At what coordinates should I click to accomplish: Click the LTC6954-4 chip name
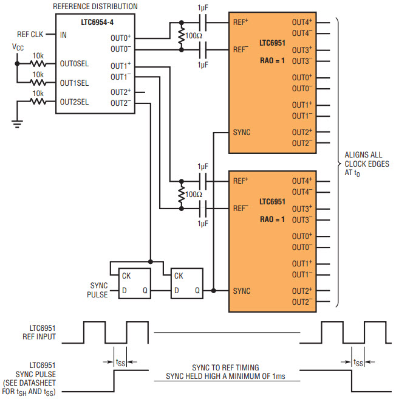pos(97,23)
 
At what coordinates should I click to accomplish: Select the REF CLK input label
pos(30,34)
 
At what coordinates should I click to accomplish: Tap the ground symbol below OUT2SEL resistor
pos(17,124)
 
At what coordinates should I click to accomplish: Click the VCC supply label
pos(18,47)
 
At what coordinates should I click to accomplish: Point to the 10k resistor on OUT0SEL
pos(38,63)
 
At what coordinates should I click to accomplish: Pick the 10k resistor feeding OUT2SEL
pos(38,102)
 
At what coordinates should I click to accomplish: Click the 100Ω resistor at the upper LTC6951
pos(181,36)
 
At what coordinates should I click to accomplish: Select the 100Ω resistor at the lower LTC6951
pos(181,195)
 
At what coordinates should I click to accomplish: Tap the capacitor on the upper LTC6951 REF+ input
pos(203,23)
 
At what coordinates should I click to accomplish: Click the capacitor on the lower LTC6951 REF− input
pos(203,209)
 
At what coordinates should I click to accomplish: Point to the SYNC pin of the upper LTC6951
pos(242,133)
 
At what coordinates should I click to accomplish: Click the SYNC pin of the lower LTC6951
pos(242,291)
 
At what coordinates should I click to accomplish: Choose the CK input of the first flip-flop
pos(126,276)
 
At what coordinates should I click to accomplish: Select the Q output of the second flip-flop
pos(197,290)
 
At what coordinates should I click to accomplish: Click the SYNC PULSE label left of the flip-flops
pos(97,290)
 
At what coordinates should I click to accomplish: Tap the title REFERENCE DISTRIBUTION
pos(95,6)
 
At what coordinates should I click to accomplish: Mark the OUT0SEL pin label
pos(74,64)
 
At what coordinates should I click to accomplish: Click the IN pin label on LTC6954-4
pos(63,35)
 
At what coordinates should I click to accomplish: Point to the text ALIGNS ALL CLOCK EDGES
pos(367,159)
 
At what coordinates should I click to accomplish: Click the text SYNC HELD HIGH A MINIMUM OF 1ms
pos(225,376)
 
